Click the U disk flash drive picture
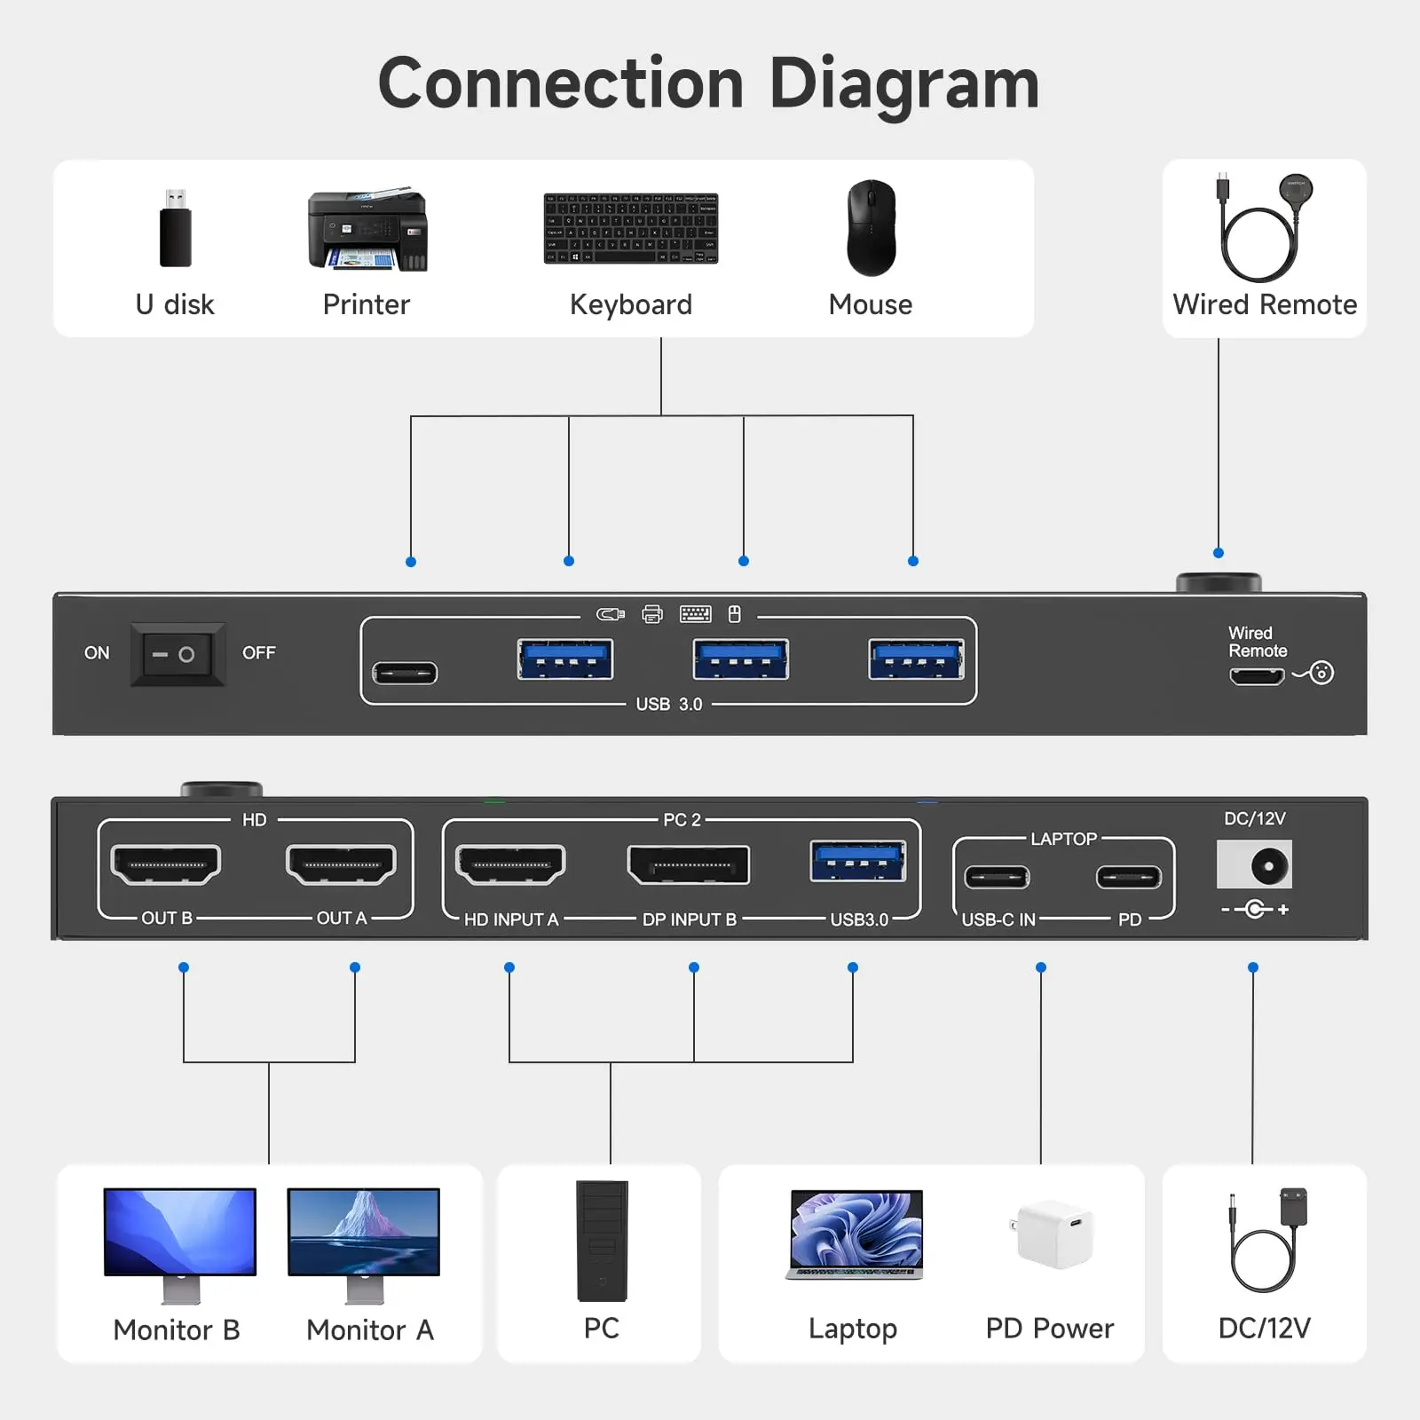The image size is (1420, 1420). [x=175, y=227]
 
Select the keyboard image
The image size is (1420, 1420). [x=631, y=228]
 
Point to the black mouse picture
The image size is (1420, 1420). [x=871, y=228]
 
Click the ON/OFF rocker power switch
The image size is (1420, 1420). [x=177, y=655]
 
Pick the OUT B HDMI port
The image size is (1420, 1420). [x=166, y=864]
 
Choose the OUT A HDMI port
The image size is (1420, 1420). [x=341, y=864]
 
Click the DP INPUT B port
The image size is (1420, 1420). [x=688, y=865]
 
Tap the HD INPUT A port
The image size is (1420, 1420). [x=510, y=864]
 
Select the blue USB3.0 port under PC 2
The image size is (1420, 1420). [x=858, y=861]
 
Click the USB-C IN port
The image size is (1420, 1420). [x=998, y=878]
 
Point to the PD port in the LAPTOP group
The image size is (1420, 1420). [x=1129, y=878]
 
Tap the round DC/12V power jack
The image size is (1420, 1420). [x=1269, y=865]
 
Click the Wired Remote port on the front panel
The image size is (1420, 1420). [x=1257, y=676]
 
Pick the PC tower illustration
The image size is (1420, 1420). [x=602, y=1241]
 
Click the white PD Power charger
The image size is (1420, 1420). [x=1053, y=1234]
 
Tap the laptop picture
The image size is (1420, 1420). [x=855, y=1235]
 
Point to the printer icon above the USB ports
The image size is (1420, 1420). [x=652, y=614]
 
